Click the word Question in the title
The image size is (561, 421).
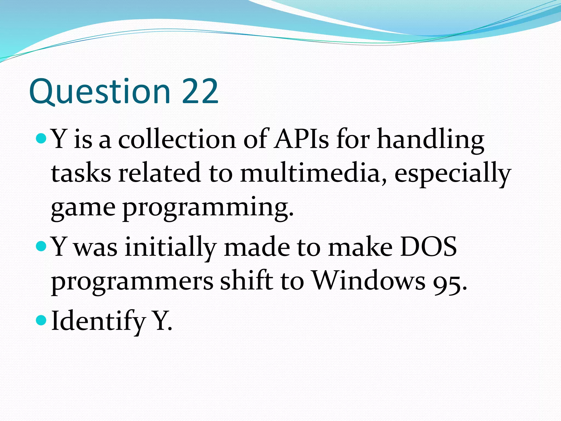coord(100,92)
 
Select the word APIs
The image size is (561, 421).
coord(302,139)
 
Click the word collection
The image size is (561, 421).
coord(177,139)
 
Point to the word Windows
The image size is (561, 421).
coord(369,281)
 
